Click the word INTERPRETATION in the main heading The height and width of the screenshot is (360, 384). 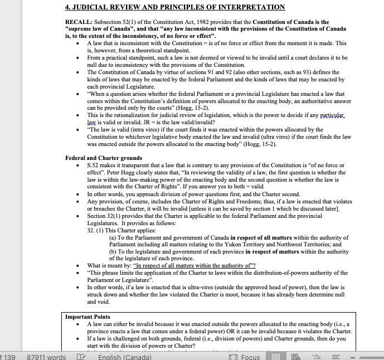(x=249, y=7)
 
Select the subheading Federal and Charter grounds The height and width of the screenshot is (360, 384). (x=103, y=158)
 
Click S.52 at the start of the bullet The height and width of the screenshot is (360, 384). (x=94, y=166)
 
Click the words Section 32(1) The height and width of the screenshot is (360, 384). (x=104, y=216)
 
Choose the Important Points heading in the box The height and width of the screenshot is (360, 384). (x=88, y=317)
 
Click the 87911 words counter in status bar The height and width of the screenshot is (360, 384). (x=46, y=357)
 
